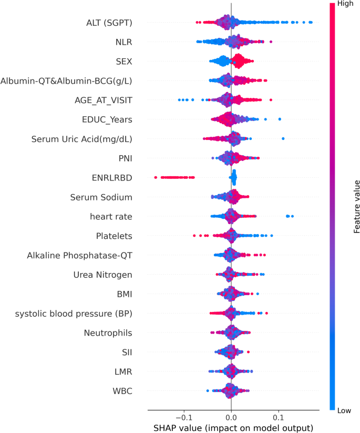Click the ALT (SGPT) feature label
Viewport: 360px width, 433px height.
(109, 23)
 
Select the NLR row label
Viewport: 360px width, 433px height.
(124, 42)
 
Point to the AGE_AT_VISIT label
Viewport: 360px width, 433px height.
(103, 100)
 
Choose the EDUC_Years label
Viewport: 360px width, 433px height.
(107, 119)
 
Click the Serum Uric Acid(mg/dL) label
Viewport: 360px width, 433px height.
(81, 139)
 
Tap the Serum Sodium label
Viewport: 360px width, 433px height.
(101, 197)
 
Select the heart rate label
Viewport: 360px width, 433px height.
(111, 216)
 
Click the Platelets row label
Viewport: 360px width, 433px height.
(114, 236)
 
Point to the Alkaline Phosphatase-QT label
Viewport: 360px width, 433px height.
(79, 255)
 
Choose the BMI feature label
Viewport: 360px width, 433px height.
(122, 294)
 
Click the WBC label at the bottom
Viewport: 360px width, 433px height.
(122, 391)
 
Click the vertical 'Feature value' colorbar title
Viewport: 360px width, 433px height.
(356, 206)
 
